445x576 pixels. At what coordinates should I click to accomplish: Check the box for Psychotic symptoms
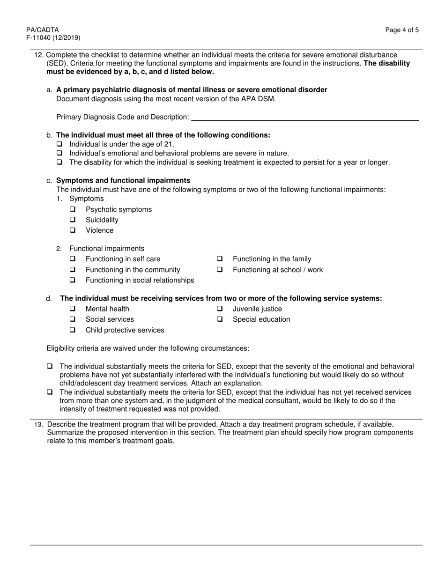click(73, 209)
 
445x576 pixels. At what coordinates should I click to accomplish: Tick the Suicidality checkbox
click(73, 220)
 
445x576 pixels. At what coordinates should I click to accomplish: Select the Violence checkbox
click(73, 230)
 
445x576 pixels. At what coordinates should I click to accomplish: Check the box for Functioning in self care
click(73, 259)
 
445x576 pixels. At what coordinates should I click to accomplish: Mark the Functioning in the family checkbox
click(220, 259)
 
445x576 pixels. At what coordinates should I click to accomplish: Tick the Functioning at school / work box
click(220, 270)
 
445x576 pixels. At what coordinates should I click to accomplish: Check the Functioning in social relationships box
click(73, 281)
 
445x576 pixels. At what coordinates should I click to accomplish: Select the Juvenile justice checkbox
click(220, 309)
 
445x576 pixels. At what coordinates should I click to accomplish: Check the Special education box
click(220, 319)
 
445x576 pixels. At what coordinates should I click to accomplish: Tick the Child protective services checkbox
click(73, 330)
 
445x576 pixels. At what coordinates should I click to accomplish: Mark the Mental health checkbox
click(73, 309)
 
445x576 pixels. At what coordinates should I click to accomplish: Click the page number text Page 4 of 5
click(402, 30)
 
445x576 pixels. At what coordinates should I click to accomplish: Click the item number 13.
click(38, 424)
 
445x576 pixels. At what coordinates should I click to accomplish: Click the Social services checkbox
click(73, 319)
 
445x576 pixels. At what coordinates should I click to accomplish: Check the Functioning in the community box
click(73, 270)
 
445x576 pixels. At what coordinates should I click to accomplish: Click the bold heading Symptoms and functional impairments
click(123, 180)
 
